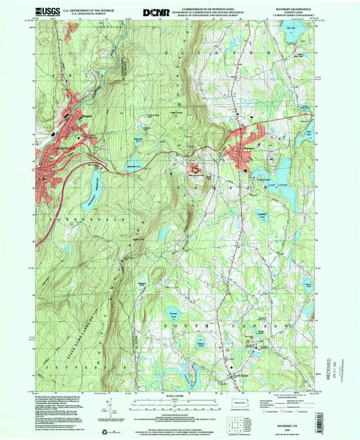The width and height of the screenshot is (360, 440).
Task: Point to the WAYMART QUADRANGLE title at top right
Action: coord(290,9)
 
